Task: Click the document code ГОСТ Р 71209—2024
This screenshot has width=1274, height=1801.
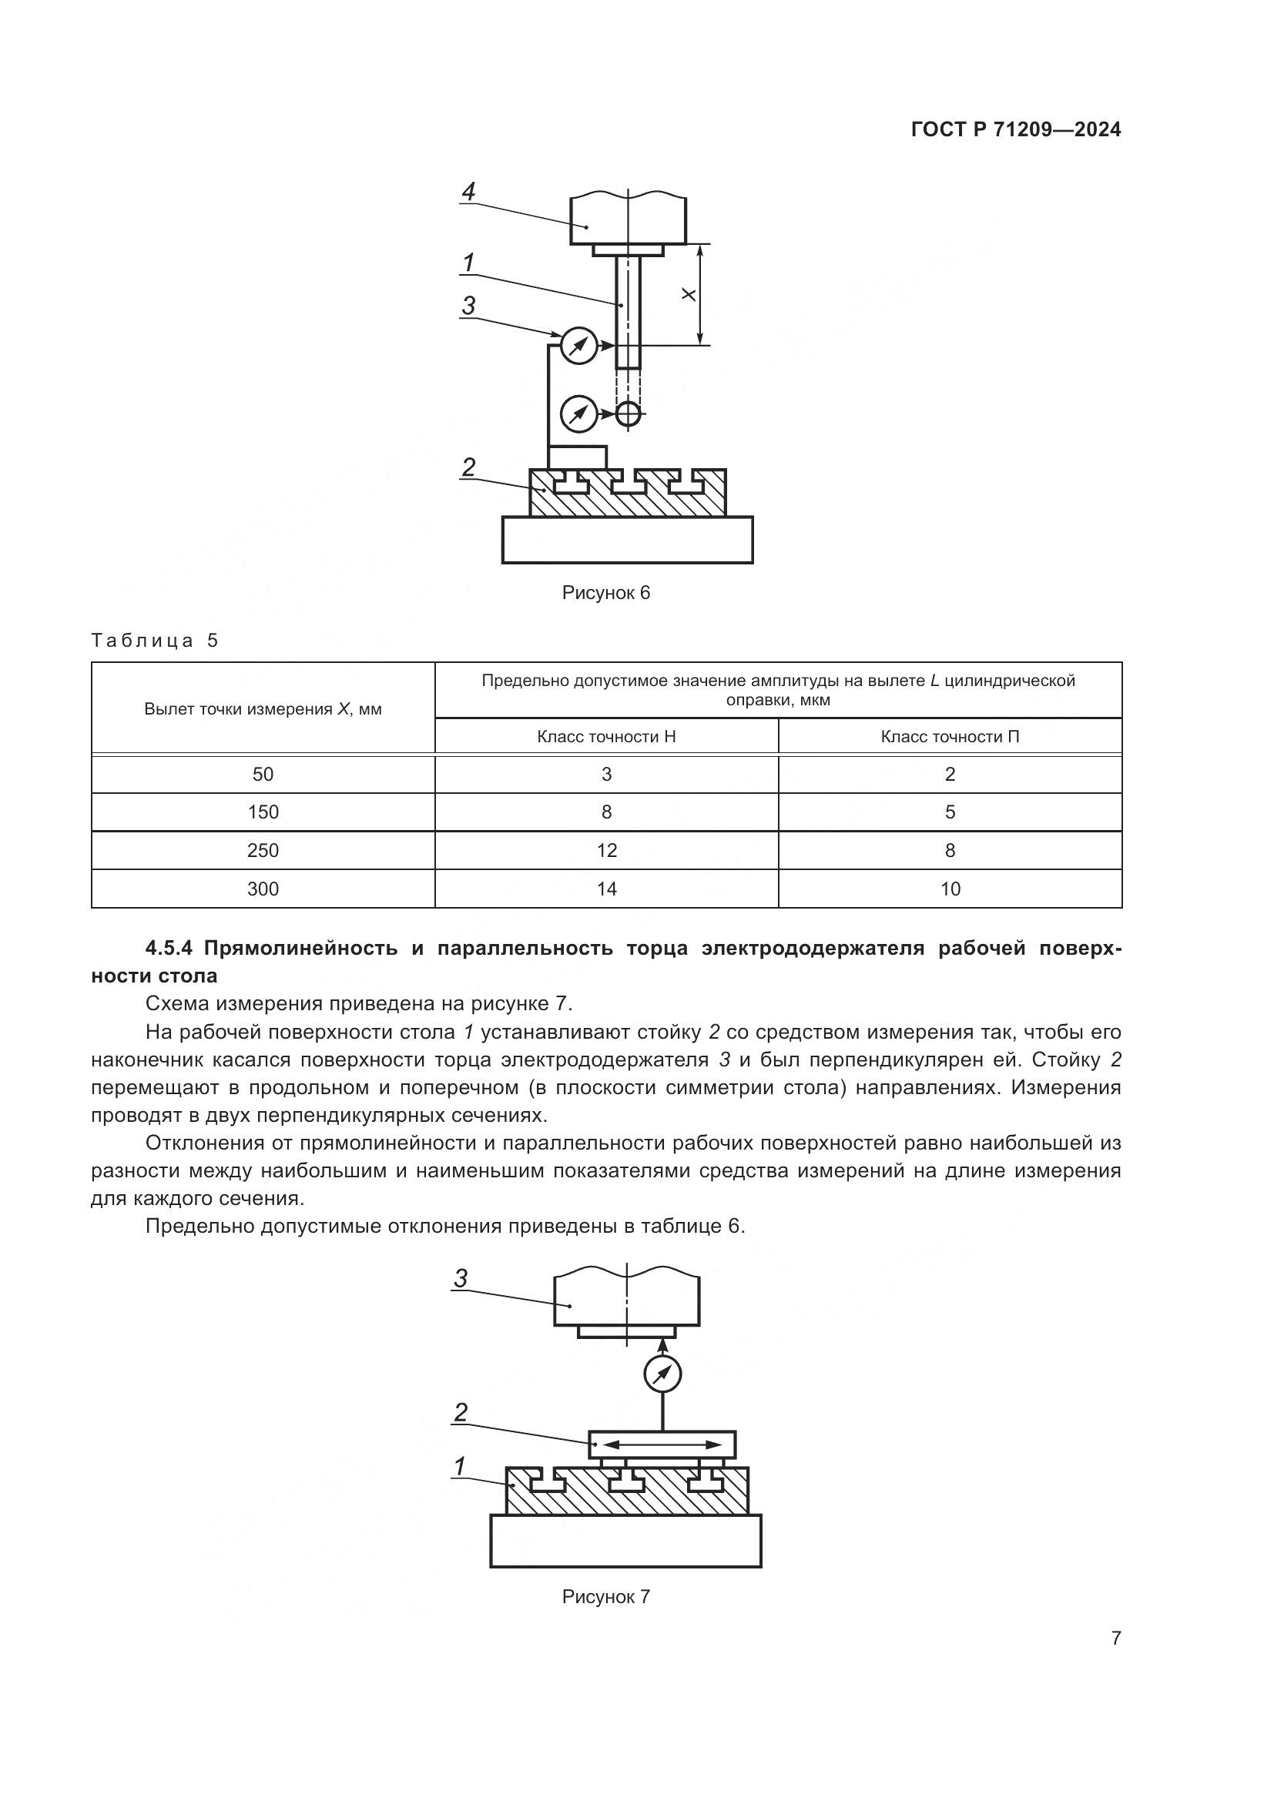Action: click(x=1016, y=130)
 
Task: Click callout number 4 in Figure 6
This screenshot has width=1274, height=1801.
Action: click(x=468, y=191)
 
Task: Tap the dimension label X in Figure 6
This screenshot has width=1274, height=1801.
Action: click(x=688, y=294)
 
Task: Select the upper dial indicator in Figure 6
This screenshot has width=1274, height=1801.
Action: click(x=579, y=345)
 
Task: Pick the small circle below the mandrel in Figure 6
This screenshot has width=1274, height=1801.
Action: click(x=628, y=413)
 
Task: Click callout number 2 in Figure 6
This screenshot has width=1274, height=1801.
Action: click(x=468, y=467)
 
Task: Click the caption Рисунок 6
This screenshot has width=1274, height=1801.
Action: click(x=605, y=593)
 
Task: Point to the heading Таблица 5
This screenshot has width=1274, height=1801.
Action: click(x=155, y=640)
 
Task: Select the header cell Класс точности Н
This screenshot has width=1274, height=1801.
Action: click(x=605, y=737)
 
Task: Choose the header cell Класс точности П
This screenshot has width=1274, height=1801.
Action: click(x=949, y=737)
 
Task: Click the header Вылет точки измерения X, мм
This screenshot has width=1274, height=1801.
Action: click(x=263, y=709)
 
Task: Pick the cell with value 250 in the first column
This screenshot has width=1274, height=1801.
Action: click(x=263, y=850)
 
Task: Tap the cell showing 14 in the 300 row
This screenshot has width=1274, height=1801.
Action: click(x=605, y=889)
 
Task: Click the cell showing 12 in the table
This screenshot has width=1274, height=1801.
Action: click(x=605, y=850)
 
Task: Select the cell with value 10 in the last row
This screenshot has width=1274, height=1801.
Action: click(x=949, y=889)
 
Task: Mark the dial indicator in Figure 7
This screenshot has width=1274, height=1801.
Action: click(x=662, y=1374)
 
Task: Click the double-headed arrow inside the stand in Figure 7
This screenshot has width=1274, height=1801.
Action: click(x=662, y=1444)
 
